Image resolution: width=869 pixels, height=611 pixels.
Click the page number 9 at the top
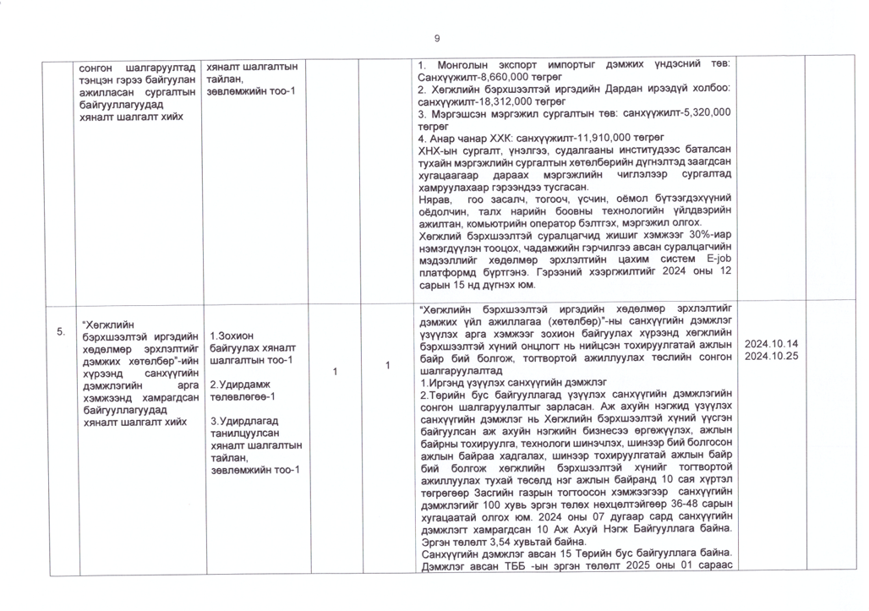point(437,38)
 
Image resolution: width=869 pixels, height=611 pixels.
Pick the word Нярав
point(435,199)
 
